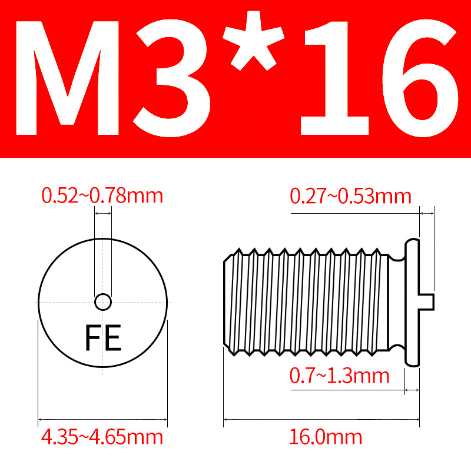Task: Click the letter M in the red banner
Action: tap(67, 78)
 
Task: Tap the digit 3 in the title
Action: tap(172, 78)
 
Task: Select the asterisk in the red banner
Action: tap(253, 41)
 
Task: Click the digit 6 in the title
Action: tap(420, 78)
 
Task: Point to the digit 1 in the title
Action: tap(334, 78)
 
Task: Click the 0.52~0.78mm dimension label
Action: tap(102, 196)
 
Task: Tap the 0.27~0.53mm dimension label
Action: tap(350, 196)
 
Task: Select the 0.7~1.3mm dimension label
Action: tap(340, 376)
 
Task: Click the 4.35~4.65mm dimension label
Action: tap(102, 437)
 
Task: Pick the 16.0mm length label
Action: tap(326, 437)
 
